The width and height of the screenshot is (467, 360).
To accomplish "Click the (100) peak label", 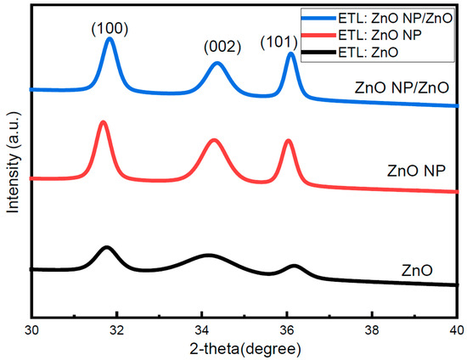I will pos(109,29).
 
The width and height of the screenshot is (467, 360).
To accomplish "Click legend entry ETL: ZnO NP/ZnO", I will pos(389,15).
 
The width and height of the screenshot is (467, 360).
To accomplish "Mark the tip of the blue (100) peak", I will pos(109,38).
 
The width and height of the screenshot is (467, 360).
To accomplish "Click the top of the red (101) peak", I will pos(288,140).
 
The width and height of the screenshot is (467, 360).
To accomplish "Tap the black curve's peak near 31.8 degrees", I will pos(106,247).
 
